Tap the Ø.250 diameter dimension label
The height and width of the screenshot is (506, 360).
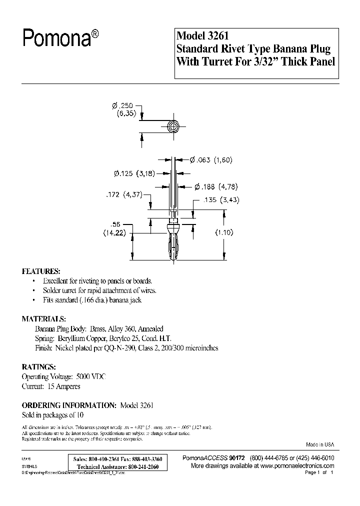pyautogui.click(x=122, y=105)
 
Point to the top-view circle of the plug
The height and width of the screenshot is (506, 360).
pyautogui.click(x=173, y=126)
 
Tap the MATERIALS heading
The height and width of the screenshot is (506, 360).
pyautogui.click(x=43, y=318)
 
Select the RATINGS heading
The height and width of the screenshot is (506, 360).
pyautogui.click(x=38, y=366)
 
